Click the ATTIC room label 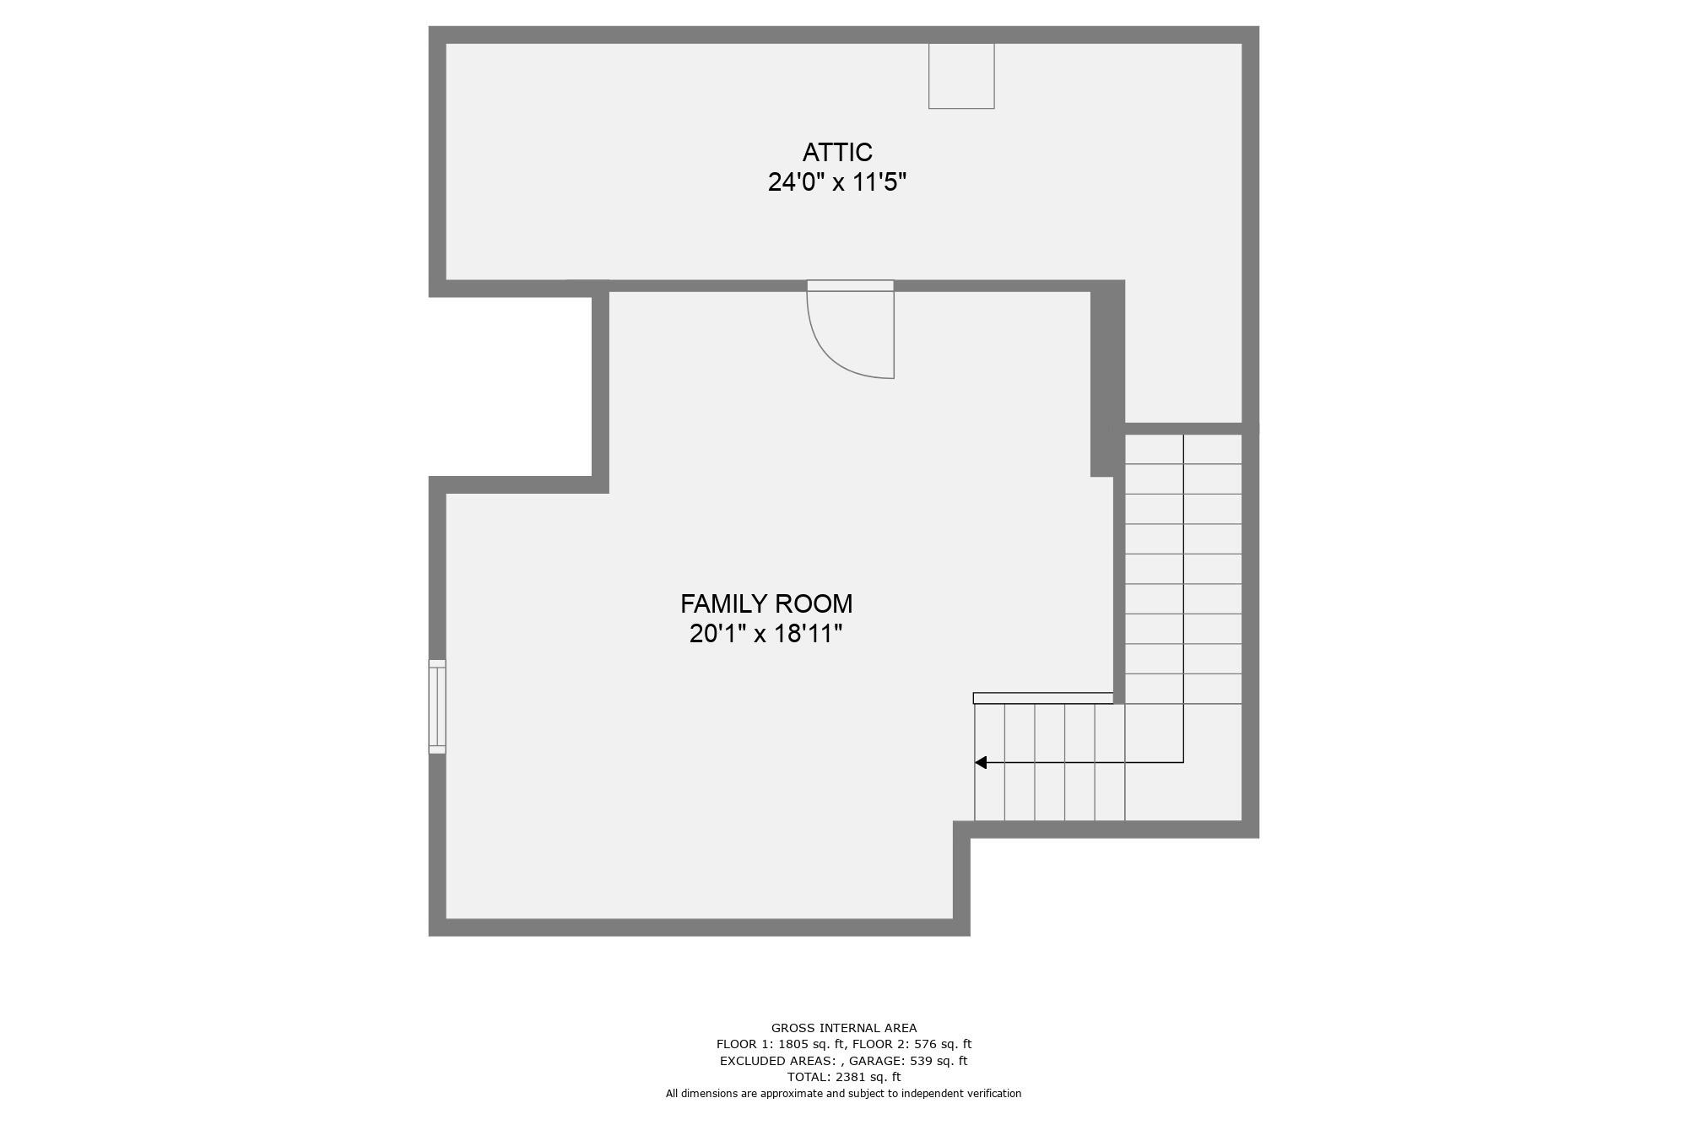[x=837, y=153]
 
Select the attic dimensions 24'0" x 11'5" [x=837, y=182]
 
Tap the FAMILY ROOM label [x=766, y=604]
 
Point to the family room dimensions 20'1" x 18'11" [x=766, y=634]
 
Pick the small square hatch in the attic [x=961, y=76]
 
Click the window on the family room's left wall [x=437, y=706]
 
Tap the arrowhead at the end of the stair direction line [x=981, y=763]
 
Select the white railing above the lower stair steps [x=1043, y=698]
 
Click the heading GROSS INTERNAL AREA [x=844, y=1028]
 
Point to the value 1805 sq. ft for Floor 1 [x=804, y=1044]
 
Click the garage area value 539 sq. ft [x=939, y=1061]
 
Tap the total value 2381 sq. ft [x=868, y=1077]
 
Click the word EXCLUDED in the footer [x=750, y=1061]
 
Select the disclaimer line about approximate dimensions [x=844, y=1094]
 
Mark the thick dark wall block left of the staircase [x=1107, y=379]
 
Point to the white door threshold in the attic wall [x=850, y=286]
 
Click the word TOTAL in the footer [x=808, y=1077]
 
